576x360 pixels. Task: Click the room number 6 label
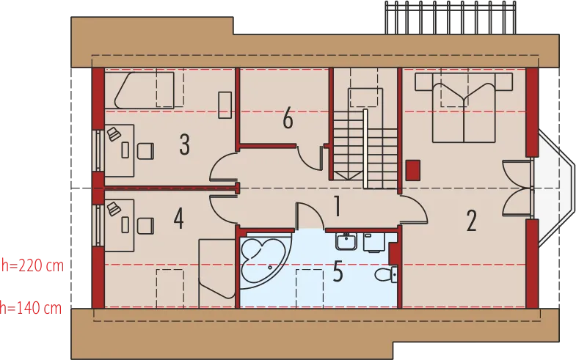(288, 118)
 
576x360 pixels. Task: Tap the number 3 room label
(184, 144)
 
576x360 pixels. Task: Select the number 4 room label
(178, 218)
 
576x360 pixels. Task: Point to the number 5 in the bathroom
(338, 272)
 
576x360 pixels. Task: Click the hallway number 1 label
(338, 206)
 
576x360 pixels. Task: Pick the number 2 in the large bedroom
(472, 221)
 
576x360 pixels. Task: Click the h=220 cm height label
(33, 265)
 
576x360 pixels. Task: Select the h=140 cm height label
(31, 308)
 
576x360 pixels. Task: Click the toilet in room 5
(386, 275)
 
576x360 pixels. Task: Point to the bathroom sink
(346, 241)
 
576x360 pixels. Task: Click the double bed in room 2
(464, 108)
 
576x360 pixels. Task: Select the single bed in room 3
(144, 90)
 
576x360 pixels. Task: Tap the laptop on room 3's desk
(114, 134)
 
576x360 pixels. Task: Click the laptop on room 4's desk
(114, 209)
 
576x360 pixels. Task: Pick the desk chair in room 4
(145, 226)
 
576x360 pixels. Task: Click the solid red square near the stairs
(413, 170)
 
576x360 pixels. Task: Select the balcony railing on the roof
(451, 18)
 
